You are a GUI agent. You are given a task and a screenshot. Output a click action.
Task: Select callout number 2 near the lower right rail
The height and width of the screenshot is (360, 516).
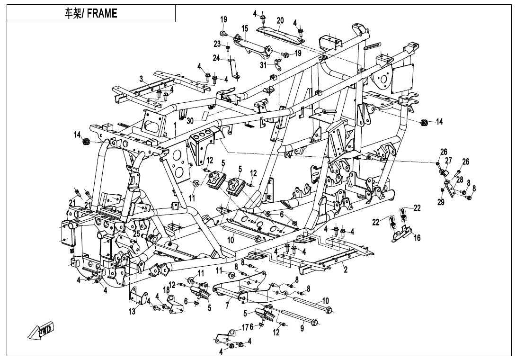[x=346, y=270]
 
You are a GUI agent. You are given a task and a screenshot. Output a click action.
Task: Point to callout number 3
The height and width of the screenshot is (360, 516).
[x=141, y=79]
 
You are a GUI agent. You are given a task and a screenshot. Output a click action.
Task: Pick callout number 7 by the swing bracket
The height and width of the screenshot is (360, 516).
[x=227, y=306]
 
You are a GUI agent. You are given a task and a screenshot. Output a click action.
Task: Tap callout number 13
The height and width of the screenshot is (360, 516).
[x=132, y=311]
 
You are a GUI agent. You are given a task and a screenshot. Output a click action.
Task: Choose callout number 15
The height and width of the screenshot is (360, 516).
[x=244, y=28]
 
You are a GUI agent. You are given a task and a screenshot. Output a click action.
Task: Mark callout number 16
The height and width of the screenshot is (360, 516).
[x=417, y=237]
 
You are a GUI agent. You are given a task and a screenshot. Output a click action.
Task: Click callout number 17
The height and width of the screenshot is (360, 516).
[x=245, y=327]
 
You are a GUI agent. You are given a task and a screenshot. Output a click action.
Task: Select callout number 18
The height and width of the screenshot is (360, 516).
[x=167, y=290]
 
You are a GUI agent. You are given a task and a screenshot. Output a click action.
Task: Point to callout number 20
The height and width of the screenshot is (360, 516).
[x=280, y=20]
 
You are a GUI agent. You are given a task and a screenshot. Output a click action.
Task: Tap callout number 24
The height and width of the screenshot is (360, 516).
[x=216, y=58]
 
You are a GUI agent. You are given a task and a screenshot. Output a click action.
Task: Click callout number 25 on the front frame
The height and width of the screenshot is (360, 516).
[x=136, y=234]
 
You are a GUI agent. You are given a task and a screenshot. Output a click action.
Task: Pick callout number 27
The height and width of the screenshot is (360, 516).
[x=448, y=161]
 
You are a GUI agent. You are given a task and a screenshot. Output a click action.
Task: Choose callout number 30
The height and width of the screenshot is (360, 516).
[x=190, y=121]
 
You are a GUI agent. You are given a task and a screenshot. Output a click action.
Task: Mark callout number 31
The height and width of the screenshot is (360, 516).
[x=263, y=65]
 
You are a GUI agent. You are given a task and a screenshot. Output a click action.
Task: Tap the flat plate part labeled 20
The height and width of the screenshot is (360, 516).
[x=280, y=34]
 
